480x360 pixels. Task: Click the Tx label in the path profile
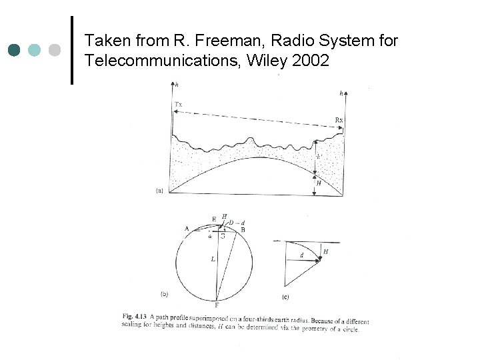click(178, 105)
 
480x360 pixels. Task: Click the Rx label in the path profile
click(339, 120)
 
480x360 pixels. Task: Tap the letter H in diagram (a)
click(319, 183)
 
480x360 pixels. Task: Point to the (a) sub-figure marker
click(159, 191)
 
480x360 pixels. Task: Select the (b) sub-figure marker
click(163, 293)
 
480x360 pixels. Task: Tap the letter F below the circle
click(216, 305)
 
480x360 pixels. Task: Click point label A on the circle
click(187, 229)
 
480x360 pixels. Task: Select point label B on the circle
click(243, 229)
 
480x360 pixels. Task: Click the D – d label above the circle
click(235, 221)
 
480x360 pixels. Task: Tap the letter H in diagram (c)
click(325, 251)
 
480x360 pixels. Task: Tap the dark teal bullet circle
click(15, 50)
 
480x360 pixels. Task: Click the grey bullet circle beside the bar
click(55, 50)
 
